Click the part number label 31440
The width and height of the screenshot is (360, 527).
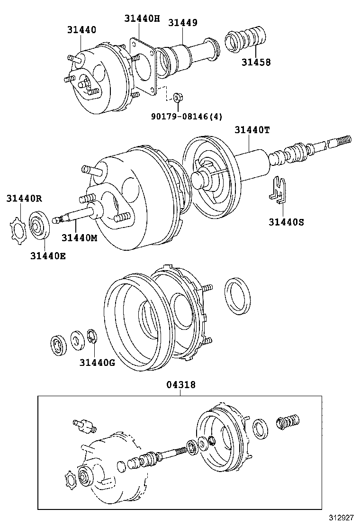tap(81, 29)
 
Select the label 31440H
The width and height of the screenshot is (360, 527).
tap(142, 18)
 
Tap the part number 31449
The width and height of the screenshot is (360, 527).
tap(182, 22)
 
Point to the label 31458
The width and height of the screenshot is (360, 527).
tap(256, 62)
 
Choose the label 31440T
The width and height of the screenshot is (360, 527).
tap(252, 130)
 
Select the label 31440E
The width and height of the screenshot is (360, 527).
tap(48, 256)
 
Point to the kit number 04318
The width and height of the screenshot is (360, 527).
tap(180, 386)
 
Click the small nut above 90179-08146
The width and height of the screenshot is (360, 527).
tap(178, 97)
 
